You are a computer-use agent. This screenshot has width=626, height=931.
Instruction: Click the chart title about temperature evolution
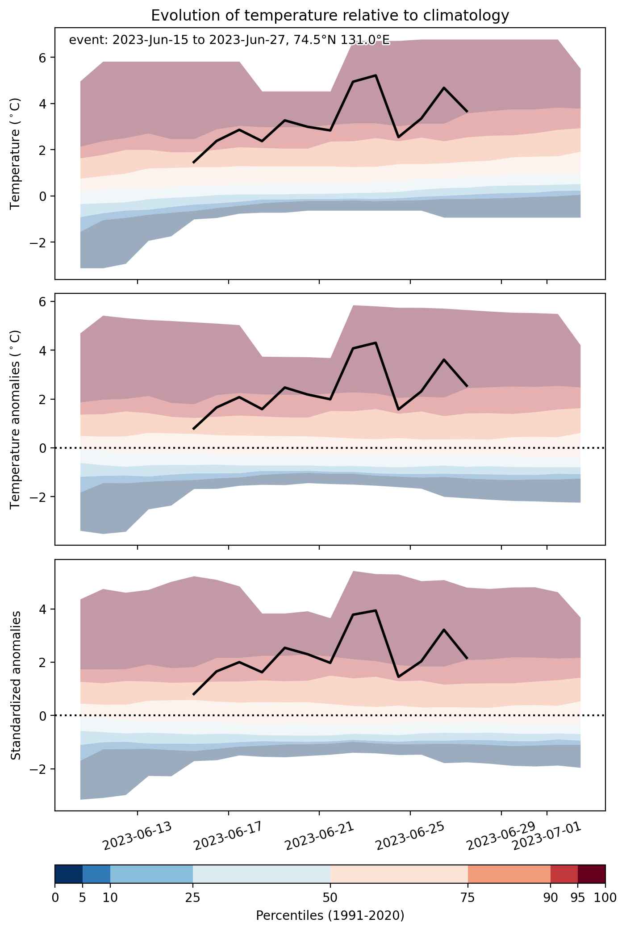[330, 16]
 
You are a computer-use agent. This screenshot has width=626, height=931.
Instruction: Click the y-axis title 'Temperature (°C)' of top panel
[16, 154]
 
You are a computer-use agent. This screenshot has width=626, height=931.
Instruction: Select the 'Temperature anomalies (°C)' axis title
[16, 419]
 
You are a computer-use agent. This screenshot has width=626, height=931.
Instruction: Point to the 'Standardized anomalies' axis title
[16, 685]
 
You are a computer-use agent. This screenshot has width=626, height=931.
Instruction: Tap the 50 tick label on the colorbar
[330, 898]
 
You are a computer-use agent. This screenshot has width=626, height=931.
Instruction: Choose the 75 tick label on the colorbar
[468, 898]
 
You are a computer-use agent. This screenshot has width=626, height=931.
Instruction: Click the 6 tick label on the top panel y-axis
[46, 58]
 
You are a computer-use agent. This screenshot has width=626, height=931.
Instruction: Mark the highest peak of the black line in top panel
[376, 75]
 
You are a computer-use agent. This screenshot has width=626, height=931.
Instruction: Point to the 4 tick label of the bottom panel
[46, 609]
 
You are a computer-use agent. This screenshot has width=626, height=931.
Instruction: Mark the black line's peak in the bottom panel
[376, 610]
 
